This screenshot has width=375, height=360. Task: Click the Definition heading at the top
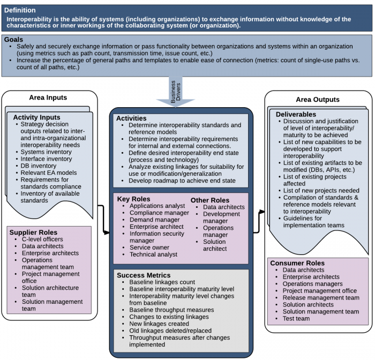tap(21, 10)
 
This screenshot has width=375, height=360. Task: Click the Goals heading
tap(13, 40)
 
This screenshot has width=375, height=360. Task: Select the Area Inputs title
tap(48, 97)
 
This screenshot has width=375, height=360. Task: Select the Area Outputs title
tap(318, 100)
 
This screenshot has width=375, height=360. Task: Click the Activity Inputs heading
tap(37, 117)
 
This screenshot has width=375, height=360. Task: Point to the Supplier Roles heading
tap(34, 232)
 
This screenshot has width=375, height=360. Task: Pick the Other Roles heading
tap(210, 200)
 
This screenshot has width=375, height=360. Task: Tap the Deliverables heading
tap(296, 115)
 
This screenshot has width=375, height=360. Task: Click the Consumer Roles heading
tap(297, 263)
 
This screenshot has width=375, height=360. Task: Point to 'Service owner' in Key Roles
tap(149, 247)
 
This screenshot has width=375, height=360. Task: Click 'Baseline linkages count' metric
tap(162, 282)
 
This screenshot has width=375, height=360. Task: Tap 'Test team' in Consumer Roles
tap(296, 318)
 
